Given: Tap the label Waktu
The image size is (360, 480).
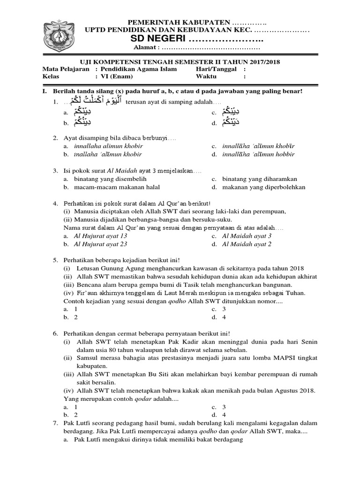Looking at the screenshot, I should [x=206, y=77].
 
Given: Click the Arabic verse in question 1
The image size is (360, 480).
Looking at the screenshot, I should [x=94, y=102].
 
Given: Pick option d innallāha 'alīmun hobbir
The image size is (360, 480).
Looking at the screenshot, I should [x=259, y=154].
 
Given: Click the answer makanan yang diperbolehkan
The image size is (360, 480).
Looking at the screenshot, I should [x=263, y=187].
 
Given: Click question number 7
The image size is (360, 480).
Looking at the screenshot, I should [x=55, y=423].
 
